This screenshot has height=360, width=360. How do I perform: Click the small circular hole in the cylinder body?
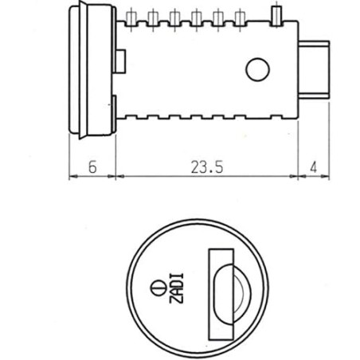[257, 71]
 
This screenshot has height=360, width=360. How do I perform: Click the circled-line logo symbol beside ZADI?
[155, 287]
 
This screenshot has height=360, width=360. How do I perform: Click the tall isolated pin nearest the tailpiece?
[276, 16]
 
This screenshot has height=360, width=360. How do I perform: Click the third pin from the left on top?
[174, 17]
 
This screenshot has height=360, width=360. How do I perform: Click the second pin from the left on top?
[153, 17]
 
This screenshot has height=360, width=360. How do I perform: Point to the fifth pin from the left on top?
[217, 17]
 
